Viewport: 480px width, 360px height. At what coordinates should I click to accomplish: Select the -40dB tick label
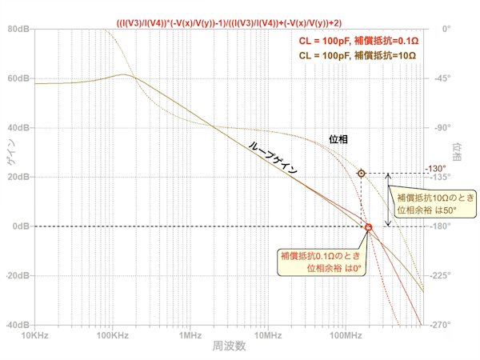click(x=16, y=326)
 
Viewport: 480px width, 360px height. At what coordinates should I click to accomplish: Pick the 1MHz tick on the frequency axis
click(x=190, y=336)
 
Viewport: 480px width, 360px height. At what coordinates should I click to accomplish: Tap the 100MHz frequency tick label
click(x=346, y=336)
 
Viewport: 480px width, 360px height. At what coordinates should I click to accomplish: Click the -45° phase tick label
click(x=441, y=79)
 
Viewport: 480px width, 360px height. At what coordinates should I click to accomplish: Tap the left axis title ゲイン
click(x=10, y=168)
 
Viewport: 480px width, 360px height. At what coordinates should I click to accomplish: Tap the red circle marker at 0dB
click(x=369, y=227)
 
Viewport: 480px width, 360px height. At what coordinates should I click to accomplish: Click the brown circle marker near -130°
click(x=362, y=173)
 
